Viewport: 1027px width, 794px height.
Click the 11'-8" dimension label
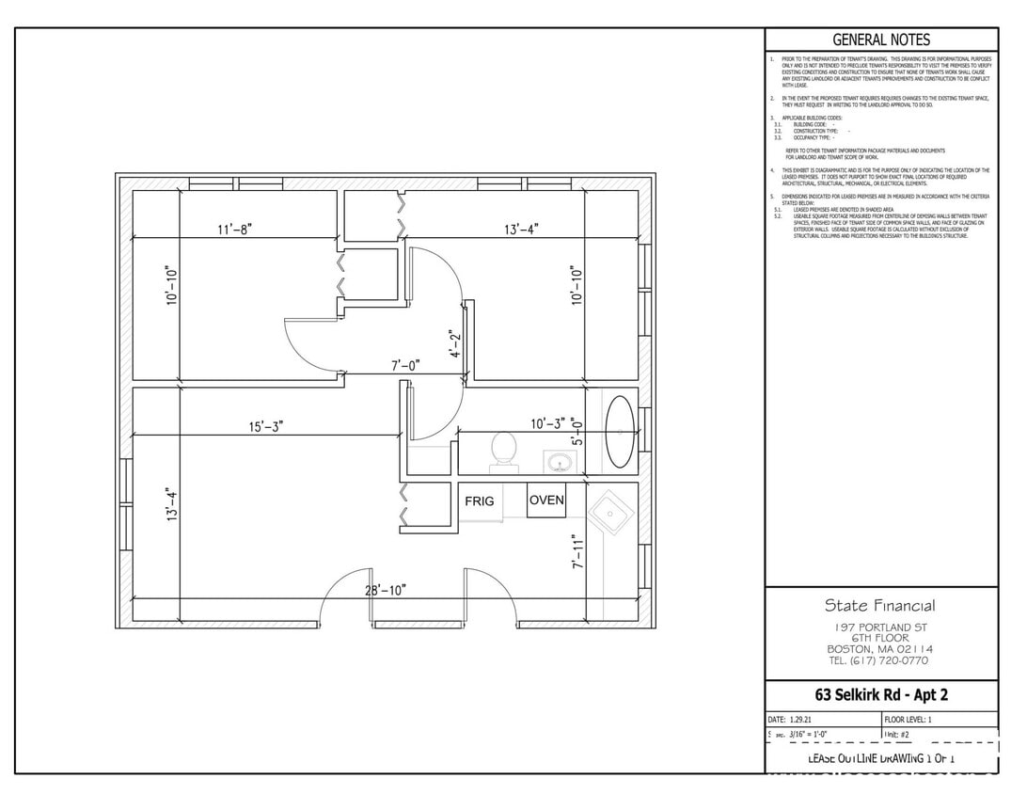click(235, 229)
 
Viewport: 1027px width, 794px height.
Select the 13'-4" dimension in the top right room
click(521, 229)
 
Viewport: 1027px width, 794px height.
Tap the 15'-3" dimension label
click(266, 426)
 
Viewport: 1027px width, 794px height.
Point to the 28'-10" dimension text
click(386, 590)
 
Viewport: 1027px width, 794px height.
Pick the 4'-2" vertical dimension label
click(455, 344)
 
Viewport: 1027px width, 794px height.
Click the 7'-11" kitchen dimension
click(577, 552)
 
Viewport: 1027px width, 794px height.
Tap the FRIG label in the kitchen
click(479, 501)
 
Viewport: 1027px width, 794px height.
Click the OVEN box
click(546, 500)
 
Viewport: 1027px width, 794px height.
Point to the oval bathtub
click(619, 432)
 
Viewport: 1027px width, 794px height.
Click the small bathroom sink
click(561, 462)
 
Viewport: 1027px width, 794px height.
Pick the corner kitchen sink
click(610, 514)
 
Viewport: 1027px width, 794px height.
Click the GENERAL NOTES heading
click(881, 40)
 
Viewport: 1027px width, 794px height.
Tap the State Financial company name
click(880, 605)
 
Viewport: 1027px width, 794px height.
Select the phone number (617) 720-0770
click(880, 660)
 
